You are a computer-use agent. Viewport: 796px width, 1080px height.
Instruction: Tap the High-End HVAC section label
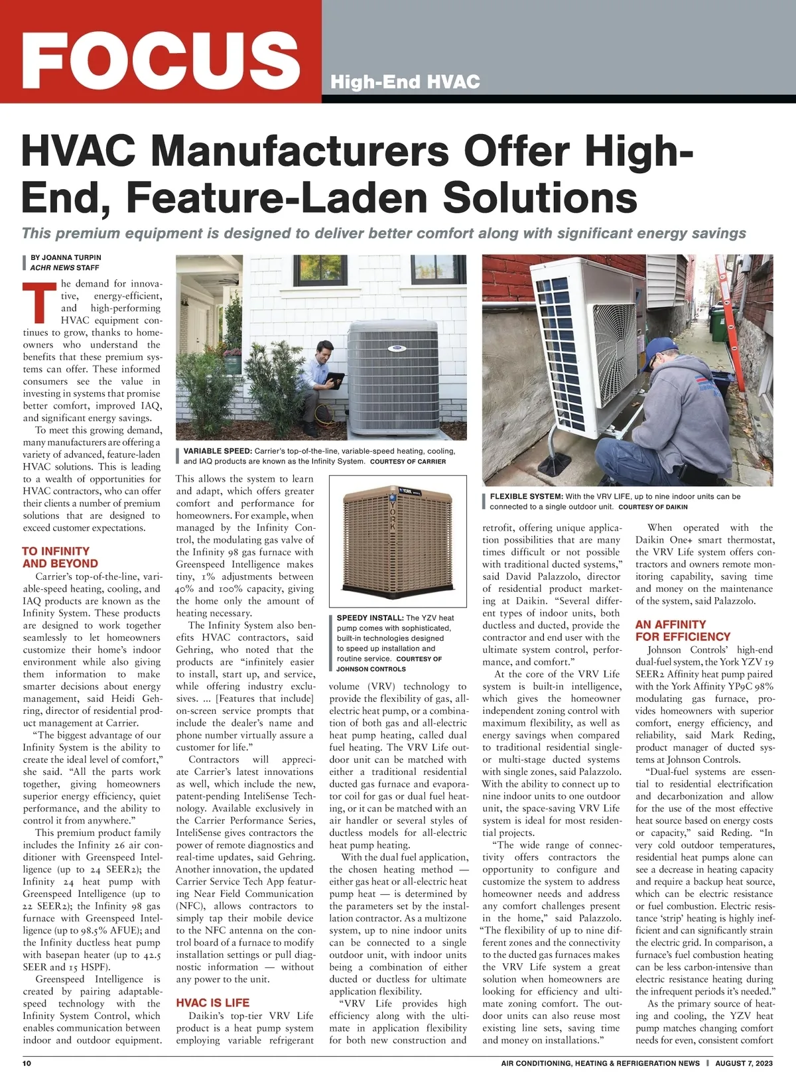405,82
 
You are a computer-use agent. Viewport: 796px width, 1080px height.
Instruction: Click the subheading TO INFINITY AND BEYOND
56,557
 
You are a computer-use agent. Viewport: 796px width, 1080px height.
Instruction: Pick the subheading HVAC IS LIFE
212,1003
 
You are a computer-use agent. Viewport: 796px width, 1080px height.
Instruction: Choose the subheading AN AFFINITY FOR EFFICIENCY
682,630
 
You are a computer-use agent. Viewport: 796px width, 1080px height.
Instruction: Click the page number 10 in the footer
27,1063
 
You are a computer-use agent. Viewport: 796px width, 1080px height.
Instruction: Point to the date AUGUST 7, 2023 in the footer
744,1063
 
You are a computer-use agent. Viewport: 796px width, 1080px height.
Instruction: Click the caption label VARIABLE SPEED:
218,451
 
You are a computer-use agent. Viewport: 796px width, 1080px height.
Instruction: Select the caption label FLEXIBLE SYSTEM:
526,496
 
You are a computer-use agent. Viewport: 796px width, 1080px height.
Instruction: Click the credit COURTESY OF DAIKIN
653,507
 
